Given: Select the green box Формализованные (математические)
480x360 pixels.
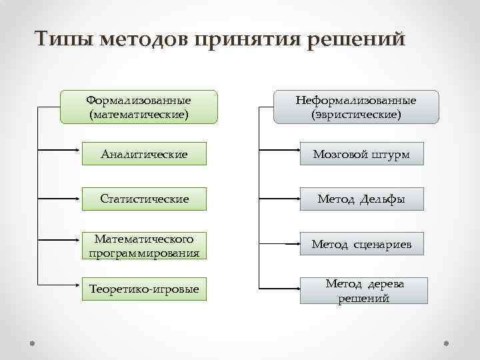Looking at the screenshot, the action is pos(139,107).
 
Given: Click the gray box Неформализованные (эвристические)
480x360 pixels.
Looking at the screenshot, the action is pos(357,107).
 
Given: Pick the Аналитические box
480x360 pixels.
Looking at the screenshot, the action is pos(144,155).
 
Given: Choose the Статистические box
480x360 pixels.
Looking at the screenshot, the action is pos(144,199).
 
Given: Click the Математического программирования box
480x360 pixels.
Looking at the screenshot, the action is pos(144,245).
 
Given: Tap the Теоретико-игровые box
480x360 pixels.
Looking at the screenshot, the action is pos(144,289).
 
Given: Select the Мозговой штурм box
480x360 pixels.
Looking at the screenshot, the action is pos(361,155).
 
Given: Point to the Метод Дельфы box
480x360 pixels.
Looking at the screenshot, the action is pos(361,199).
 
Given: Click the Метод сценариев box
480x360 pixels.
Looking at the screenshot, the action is pos(361,245).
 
